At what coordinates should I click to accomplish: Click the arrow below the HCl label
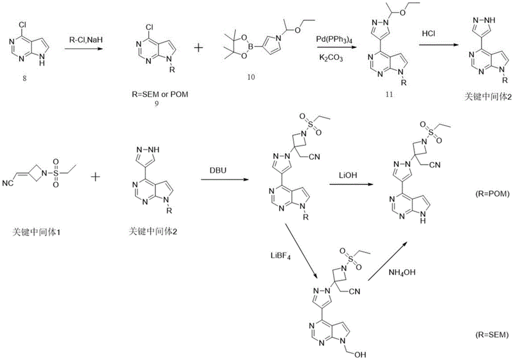pos(431,46)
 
